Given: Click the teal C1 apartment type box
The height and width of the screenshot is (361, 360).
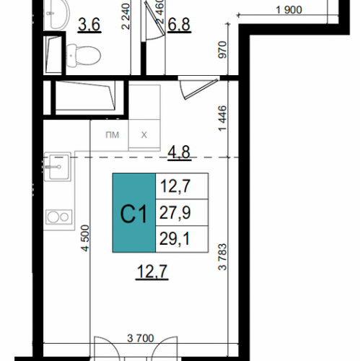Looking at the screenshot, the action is [x=134, y=213].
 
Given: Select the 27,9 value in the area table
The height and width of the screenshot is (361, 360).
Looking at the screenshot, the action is [x=175, y=212].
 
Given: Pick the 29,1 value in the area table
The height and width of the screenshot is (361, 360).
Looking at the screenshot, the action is [x=175, y=239].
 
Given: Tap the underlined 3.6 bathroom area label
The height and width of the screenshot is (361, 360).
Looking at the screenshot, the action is [x=89, y=25].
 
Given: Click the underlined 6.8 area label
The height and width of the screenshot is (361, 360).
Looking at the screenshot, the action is [x=179, y=25].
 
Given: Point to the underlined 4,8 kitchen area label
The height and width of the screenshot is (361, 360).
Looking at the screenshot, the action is [x=179, y=152].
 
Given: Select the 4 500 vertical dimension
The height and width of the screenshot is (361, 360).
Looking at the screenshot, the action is [x=85, y=238].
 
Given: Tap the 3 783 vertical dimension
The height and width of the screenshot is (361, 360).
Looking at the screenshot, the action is [x=223, y=257].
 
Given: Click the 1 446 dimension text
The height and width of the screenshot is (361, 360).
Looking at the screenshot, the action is [x=223, y=118].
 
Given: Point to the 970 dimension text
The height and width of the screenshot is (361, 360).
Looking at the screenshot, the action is [x=223, y=50].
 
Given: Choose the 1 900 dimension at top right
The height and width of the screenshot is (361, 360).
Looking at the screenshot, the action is [x=289, y=10].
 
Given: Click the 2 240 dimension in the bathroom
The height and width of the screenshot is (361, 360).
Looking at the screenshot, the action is [x=126, y=17].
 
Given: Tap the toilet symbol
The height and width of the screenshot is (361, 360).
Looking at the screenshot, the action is [x=84, y=56].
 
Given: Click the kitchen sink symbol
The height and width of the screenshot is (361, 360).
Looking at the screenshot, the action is [x=58, y=167].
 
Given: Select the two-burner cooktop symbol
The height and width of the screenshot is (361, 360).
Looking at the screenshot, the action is [x=58, y=217].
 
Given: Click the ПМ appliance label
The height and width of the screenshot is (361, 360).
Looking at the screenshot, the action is [x=113, y=135].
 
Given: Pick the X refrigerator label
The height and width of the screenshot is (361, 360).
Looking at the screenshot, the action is [x=144, y=135].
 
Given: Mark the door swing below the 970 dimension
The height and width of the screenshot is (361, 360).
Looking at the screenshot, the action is [x=198, y=87].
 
